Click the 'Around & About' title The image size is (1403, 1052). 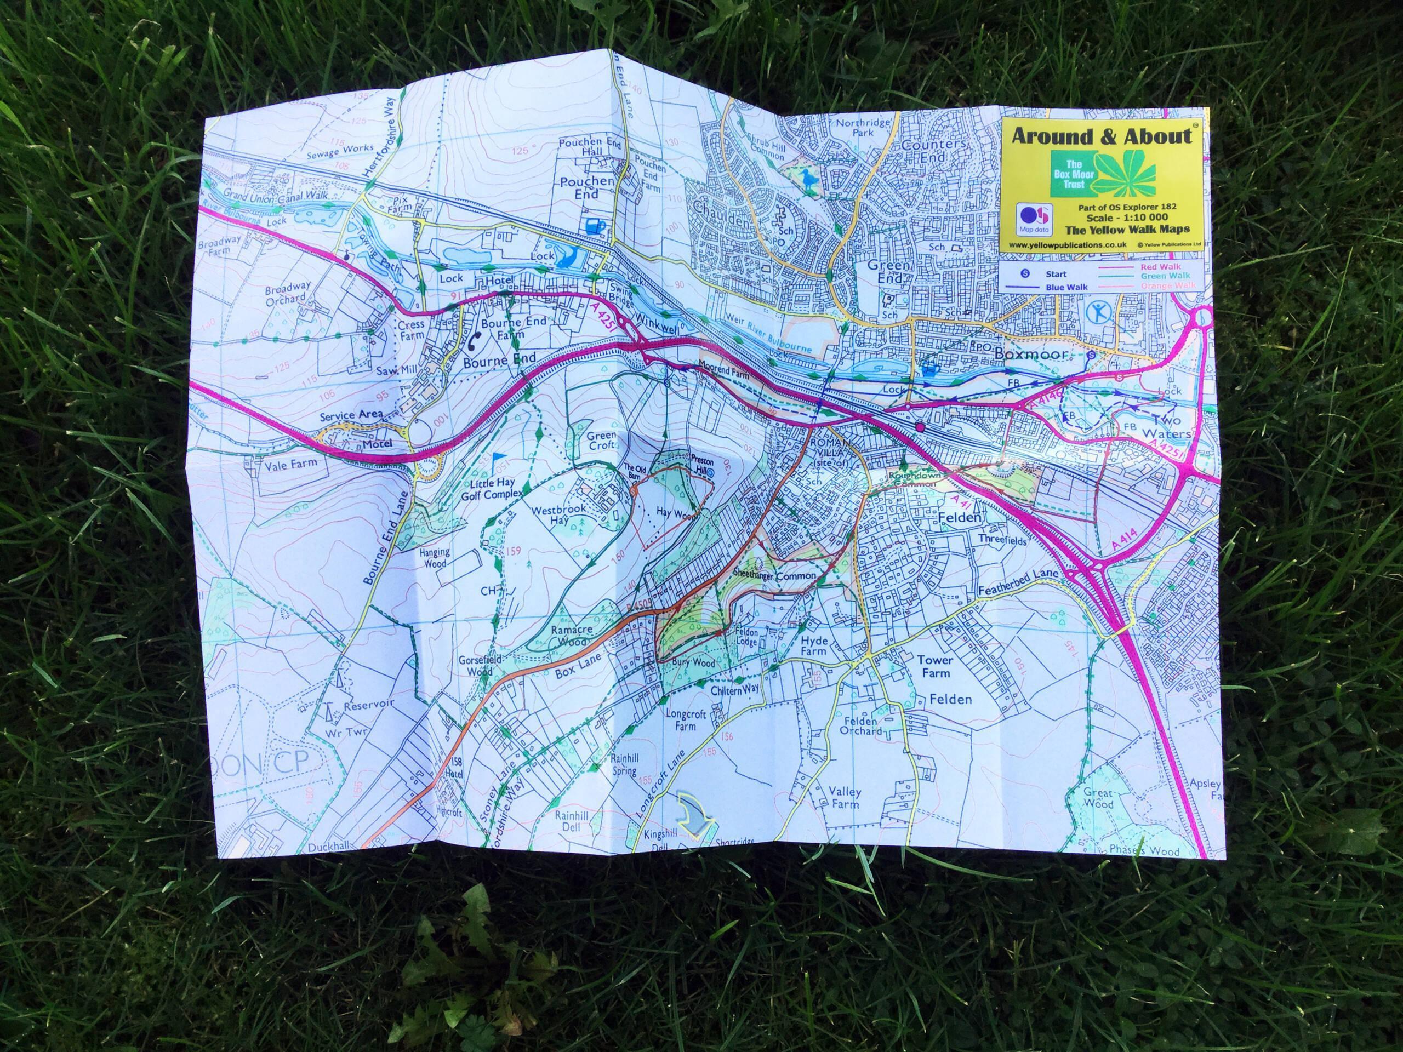1101,137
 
